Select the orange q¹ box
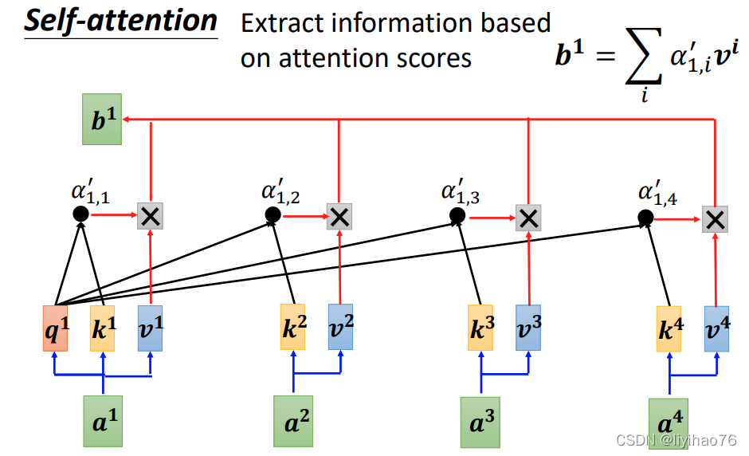coord(55,328)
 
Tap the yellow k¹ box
coord(103,328)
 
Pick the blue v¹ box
coord(151,328)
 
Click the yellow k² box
coord(292,327)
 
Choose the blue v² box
coord(341,327)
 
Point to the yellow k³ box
coord(480,327)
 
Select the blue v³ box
coord(527,327)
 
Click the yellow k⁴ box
coord(669,328)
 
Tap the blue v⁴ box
coord(716,328)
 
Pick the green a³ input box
coord(480,421)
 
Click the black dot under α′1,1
coord(80,214)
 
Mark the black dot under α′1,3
coord(457,215)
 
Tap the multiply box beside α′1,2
coord(339,216)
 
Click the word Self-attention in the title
coord(120,21)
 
